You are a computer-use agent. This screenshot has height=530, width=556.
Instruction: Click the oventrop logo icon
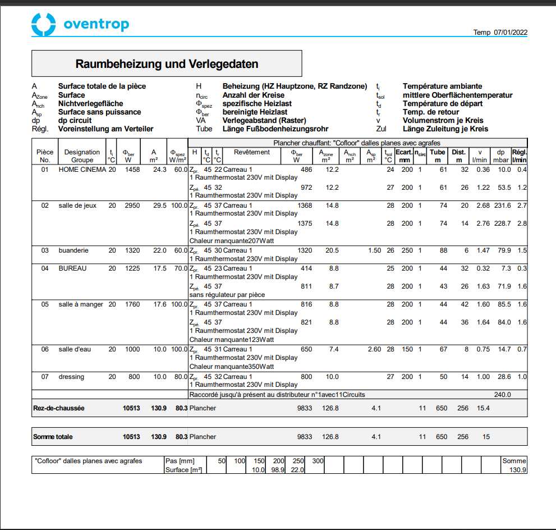(44, 24)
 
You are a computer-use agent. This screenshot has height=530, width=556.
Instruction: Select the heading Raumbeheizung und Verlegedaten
(167, 64)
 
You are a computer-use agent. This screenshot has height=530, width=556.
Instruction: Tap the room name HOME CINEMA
(82, 170)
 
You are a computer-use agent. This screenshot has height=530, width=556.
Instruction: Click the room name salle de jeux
(77, 205)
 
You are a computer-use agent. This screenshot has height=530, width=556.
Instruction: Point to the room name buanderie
(73, 250)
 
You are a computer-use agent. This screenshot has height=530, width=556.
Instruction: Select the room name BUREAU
(72, 268)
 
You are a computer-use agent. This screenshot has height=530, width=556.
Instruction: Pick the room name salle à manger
(81, 304)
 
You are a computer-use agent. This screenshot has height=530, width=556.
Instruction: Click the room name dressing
(71, 377)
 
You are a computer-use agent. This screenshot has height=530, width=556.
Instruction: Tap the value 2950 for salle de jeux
(132, 205)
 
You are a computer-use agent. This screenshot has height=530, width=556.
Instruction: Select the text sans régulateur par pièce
(227, 295)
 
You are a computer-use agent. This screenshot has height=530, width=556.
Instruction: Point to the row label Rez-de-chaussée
(59, 408)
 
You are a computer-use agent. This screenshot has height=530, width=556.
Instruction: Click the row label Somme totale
(53, 437)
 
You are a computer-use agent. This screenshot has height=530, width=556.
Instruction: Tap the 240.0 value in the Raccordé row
(502, 395)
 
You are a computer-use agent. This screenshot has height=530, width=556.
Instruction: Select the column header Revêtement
(252, 152)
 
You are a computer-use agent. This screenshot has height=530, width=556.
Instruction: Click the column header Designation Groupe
(82, 156)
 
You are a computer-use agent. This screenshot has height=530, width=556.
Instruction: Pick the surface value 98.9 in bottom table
(278, 470)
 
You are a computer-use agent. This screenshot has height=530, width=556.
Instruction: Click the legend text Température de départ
(443, 103)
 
